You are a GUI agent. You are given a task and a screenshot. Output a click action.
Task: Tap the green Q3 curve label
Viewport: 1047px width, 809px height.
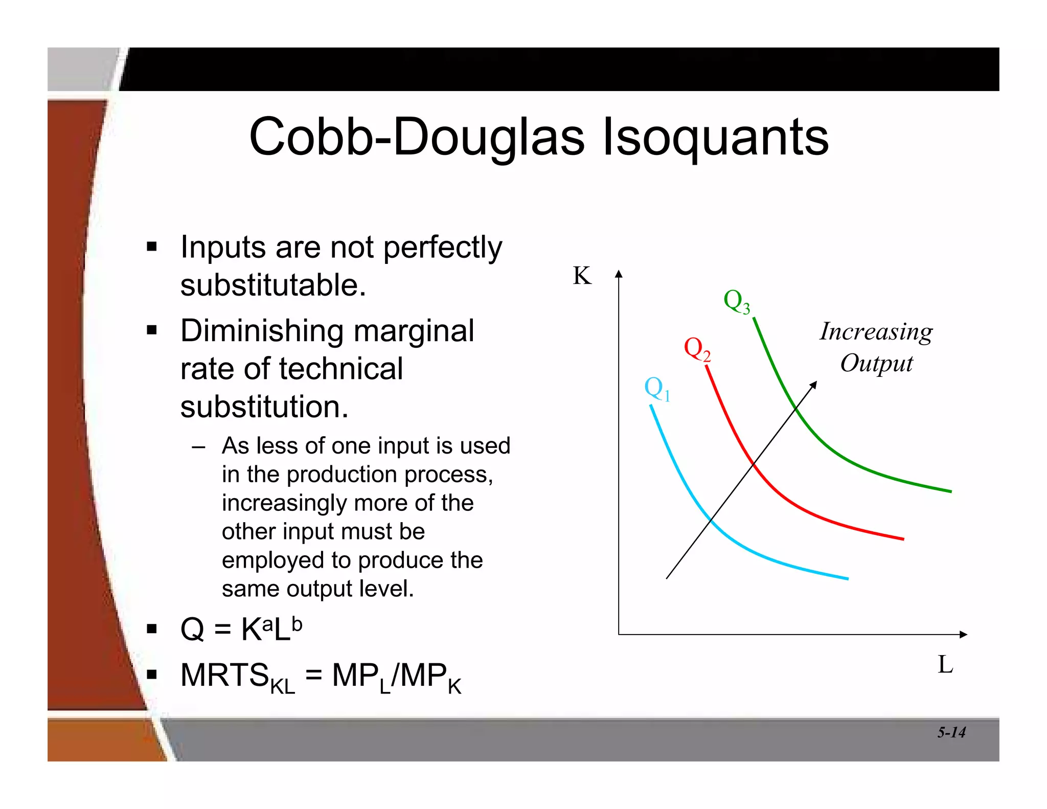(x=737, y=301)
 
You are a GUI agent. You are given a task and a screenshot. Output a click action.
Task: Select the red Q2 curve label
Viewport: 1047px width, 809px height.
(x=697, y=349)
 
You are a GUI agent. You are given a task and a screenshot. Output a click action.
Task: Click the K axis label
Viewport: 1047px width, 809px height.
(x=582, y=276)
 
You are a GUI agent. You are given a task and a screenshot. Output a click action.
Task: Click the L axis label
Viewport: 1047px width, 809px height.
(x=945, y=665)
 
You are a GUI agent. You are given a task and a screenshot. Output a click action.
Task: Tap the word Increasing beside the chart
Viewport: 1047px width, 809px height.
(x=876, y=332)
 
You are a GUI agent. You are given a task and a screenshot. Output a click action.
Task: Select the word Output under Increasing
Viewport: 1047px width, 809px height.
(x=876, y=364)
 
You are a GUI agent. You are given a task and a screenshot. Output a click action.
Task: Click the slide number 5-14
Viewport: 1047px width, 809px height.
(x=951, y=732)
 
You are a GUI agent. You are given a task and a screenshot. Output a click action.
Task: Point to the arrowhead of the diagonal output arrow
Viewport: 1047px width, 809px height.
(x=814, y=384)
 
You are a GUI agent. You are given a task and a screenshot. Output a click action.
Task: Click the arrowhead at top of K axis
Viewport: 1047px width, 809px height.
(x=619, y=274)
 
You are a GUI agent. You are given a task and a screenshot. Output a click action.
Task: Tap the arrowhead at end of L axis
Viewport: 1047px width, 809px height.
(x=964, y=635)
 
